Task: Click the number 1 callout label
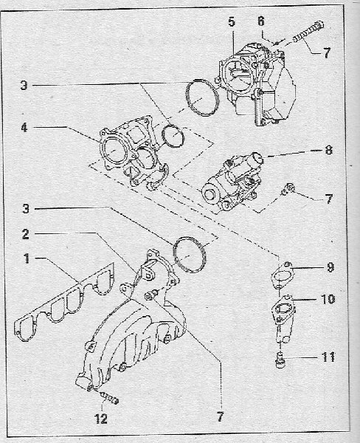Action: click(x=27, y=258)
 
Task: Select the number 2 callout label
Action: click(x=26, y=234)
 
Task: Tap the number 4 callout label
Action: click(x=24, y=128)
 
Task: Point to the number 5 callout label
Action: click(x=232, y=21)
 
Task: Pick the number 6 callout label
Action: click(x=261, y=21)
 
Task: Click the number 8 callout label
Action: click(x=329, y=150)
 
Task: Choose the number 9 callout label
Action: click(x=330, y=267)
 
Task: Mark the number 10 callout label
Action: click(x=328, y=299)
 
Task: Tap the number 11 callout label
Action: click(x=328, y=357)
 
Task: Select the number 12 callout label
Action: click(x=101, y=419)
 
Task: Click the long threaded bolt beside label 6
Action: click(x=308, y=31)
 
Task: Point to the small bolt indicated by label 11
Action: click(x=280, y=360)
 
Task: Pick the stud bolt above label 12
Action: click(x=108, y=396)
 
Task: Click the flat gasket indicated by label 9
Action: click(x=282, y=274)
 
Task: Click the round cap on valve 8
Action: click(x=257, y=159)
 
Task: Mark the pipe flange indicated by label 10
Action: click(x=283, y=317)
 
